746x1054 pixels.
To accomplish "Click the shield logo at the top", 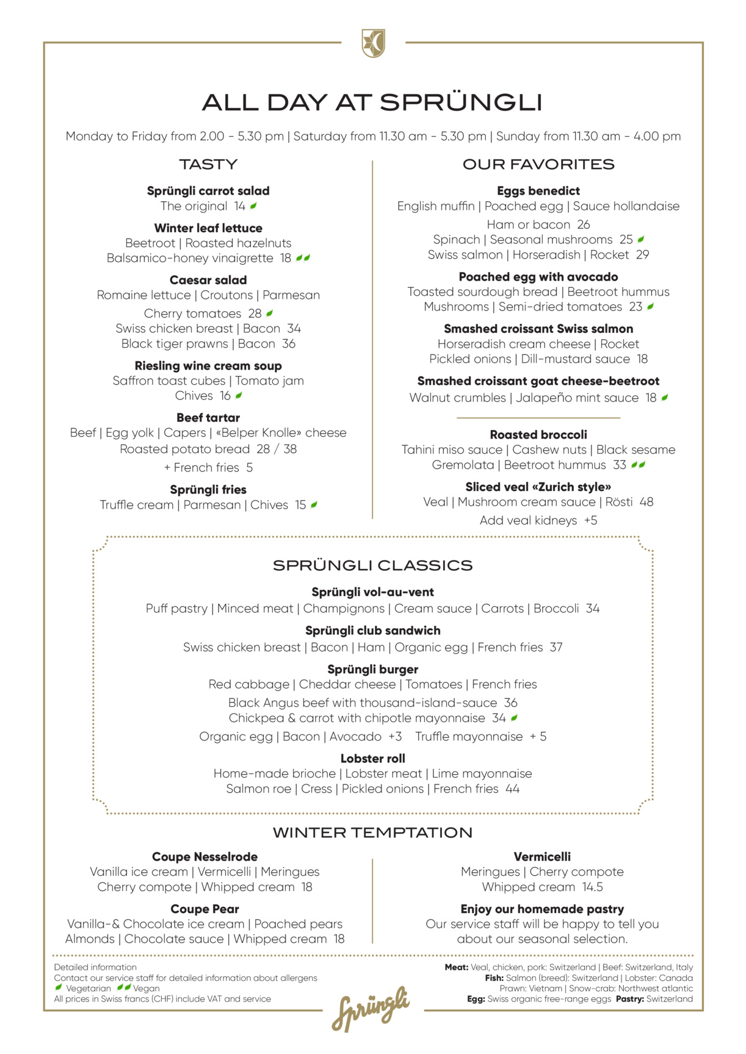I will [x=373, y=43].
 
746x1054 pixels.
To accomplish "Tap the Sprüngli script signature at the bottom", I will [x=371, y=1008].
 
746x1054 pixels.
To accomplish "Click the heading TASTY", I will [x=208, y=164].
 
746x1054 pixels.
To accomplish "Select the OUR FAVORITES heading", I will [x=538, y=164].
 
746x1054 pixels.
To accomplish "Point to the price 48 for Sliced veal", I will [x=646, y=502].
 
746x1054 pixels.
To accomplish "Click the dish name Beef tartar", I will [x=208, y=418].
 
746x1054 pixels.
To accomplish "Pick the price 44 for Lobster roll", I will [x=512, y=789].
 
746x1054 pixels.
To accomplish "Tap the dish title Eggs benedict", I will [x=538, y=191].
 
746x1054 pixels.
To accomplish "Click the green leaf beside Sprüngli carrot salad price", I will [x=253, y=206].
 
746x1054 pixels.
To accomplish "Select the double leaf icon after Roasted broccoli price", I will [x=638, y=465].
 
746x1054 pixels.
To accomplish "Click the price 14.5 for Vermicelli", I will [x=592, y=887].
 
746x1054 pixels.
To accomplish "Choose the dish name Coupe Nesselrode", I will [x=205, y=857].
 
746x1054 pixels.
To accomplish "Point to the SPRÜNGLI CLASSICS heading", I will [x=373, y=565].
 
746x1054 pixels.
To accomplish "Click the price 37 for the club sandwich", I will [x=556, y=647].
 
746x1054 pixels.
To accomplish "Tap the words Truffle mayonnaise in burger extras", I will [x=469, y=736].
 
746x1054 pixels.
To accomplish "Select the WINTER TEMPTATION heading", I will [x=373, y=833].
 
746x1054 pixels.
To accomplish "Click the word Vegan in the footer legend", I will [x=147, y=988].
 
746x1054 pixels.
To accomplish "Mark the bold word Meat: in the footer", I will [x=456, y=967].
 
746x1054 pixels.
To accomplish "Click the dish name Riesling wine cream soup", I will [x=208, y=366].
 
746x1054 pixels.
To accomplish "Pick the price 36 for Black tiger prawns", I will [x=288, y=344].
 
